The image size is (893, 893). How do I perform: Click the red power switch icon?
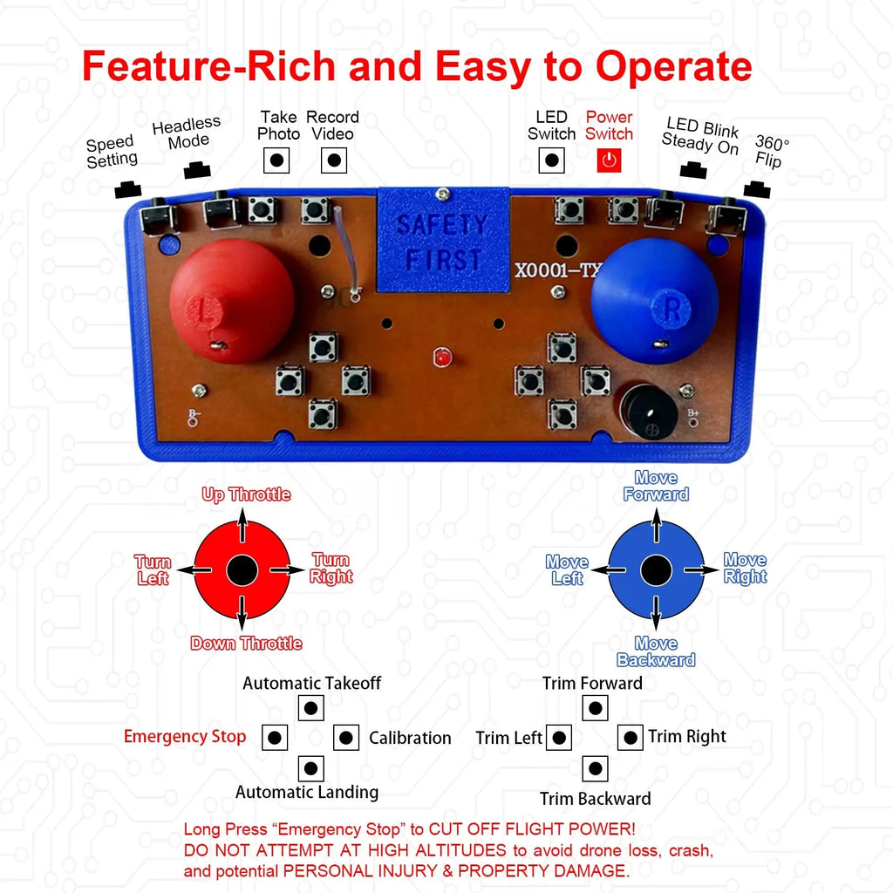[609, 160]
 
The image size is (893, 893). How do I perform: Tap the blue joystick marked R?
[654, 301]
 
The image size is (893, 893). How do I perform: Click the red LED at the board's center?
[442, 358]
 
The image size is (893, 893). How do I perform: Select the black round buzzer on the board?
[649, 412]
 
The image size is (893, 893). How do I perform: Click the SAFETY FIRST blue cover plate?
[443, 241]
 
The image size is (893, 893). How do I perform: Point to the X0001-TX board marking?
[557, 270]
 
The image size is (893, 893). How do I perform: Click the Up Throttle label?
[246, 494]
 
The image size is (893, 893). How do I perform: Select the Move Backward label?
[656, 651]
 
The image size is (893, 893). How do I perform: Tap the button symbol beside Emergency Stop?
[275, 738]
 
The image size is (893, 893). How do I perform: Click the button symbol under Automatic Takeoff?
[311, 708]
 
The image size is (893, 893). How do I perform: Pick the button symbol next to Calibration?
[345, 738]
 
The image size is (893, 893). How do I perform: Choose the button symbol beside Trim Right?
[631, 738]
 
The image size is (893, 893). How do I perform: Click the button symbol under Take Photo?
[276, 160]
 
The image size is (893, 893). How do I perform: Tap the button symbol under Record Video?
[334, 160]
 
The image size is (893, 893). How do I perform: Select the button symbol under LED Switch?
[551, 160]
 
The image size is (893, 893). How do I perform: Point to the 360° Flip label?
[771, 152]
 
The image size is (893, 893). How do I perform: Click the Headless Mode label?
[187, 133]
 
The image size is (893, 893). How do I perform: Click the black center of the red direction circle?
[242, 569]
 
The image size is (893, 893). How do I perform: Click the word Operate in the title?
[673, 67]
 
